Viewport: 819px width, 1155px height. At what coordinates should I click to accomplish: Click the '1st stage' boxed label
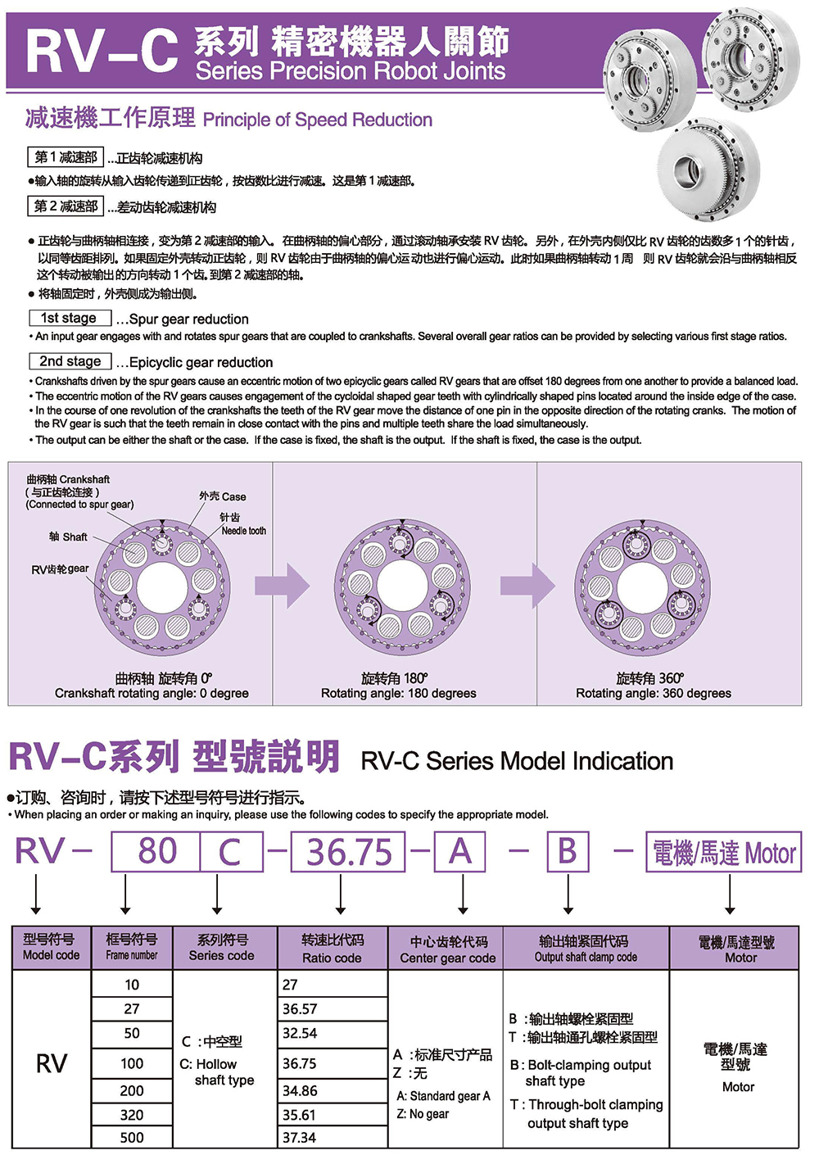click(x=69, y=318)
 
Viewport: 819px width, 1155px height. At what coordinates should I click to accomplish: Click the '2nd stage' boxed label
click(x=70, y=361)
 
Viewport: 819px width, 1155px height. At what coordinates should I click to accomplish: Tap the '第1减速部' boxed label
click(x=66, y=157)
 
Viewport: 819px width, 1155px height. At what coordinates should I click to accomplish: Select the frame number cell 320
click(x=132, y=1115)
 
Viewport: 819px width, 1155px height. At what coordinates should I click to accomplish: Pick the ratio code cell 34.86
click(x=301, y=1091)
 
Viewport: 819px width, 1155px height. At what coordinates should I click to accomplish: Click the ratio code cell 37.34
click(x=300, y=1138)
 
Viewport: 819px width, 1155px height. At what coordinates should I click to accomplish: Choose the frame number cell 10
click(x=132, y=985)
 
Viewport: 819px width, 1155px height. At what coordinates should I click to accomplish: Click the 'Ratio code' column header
click(x=332, y=949)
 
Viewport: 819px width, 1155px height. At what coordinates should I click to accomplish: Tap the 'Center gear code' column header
click(x=447, y=949)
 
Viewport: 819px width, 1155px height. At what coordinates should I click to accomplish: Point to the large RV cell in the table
click(x=52, y=1063)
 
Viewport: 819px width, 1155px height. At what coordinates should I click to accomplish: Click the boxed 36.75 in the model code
click(x=349, y=853)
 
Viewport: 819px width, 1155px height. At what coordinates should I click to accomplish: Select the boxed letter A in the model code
click(x=460, y=852)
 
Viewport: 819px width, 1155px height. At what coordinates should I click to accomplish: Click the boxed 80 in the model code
click(x=157, y=852)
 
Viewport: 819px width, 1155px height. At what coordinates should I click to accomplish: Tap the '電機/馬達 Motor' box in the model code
click(x=723, y=853)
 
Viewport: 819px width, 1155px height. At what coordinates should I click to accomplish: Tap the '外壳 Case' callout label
click(x=222, y=496)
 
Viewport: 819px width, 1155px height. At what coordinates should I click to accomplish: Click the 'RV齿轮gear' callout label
click(x=60, y=568)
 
